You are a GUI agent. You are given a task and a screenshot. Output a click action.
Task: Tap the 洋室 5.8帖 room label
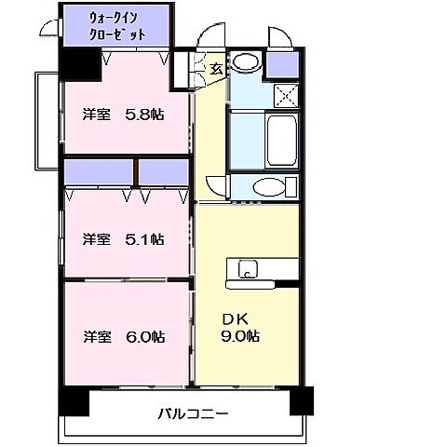(123, 115)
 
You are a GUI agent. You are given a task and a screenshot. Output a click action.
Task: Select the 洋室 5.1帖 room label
(123, 238)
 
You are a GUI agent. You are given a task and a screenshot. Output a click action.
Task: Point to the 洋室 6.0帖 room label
(123, 336)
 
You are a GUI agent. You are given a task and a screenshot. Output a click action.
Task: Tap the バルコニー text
(191, 413)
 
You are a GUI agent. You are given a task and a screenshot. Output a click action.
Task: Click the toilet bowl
(269, 185)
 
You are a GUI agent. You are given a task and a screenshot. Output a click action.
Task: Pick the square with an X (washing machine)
(283, 94)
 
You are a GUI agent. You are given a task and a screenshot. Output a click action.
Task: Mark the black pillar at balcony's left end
(74, 400)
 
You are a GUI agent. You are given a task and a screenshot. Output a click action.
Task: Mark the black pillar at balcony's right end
(302, 400)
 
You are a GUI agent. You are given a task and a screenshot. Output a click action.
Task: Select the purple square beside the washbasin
(281, 64)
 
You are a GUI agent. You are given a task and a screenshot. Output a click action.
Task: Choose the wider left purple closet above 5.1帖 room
(100, 172)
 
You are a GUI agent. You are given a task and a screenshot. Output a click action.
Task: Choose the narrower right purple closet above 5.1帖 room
(165, 172)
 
